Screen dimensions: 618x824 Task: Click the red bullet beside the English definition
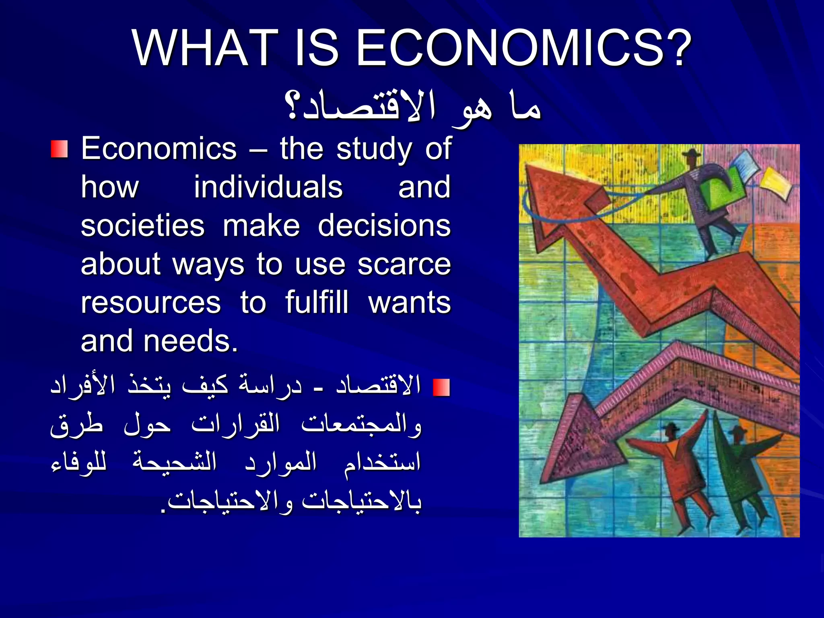59,149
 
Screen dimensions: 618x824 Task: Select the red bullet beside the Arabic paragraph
441,387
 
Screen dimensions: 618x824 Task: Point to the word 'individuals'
268,187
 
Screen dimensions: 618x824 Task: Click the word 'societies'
143,226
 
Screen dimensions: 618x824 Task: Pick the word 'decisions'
384,226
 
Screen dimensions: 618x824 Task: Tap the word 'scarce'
404,264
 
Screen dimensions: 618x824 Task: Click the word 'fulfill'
317,303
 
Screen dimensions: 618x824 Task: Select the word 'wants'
410,303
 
